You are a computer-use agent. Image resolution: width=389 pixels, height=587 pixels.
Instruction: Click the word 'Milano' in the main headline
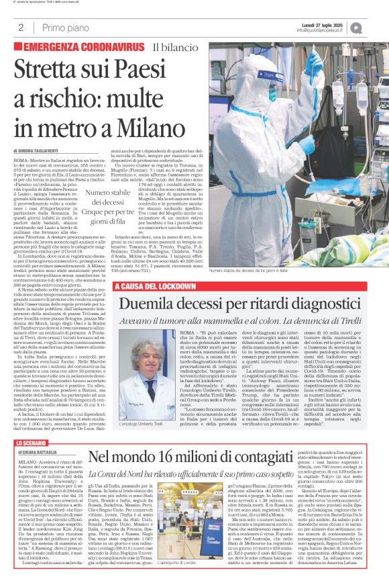(153, 108)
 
